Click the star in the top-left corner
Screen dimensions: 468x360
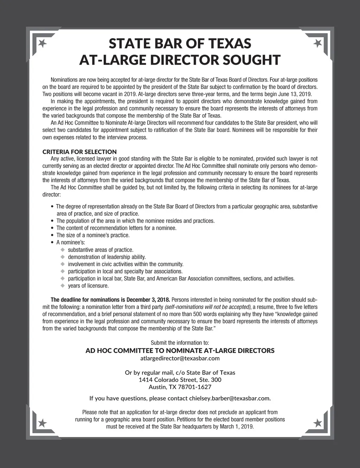click(x=43, y=43)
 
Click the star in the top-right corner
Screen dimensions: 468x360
click(x=317, y=43)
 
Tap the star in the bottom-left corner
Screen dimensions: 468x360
click(x=43, y=423)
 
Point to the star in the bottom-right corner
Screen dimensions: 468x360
click(x=317, y=423)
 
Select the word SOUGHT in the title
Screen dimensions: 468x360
click(x=251, y=60)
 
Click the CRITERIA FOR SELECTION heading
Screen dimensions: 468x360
click(x=79, y=152)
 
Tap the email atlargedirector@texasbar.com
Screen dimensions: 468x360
click(x=180, y=358)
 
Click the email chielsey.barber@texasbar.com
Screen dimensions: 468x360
click(x=230, y=398)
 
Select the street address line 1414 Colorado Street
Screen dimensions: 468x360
click(x=180, y=380)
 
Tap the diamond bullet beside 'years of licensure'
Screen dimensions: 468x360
click(x=63, y=286)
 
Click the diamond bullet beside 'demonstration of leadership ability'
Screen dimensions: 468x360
click(x=63, y=257)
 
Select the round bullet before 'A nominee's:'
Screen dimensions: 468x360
click(x=53, y=242)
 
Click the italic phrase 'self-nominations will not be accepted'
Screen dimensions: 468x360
click(x=207, y=307)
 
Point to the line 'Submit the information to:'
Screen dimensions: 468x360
click(x=180, y=343)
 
